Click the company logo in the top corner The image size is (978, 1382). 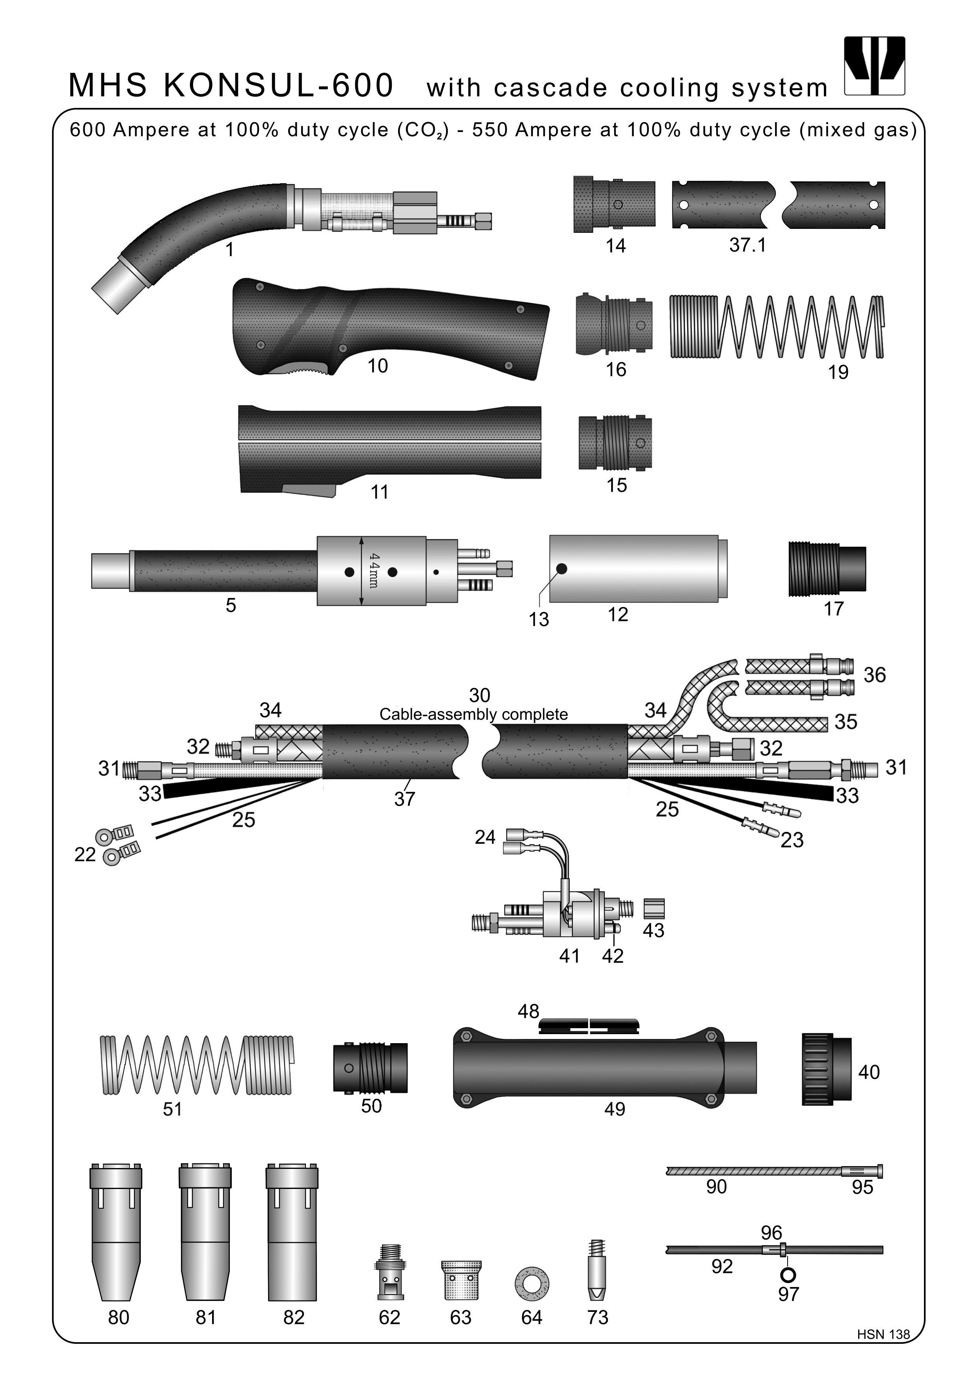pos(874,66)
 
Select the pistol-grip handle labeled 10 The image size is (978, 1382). pos(386,328)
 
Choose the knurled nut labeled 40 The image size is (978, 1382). pos(826,1072)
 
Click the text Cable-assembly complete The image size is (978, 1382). pos(473,715)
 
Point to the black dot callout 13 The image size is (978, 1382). pos(561,569)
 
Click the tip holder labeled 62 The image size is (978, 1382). pos(389,1273)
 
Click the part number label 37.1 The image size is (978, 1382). pos(747,245)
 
